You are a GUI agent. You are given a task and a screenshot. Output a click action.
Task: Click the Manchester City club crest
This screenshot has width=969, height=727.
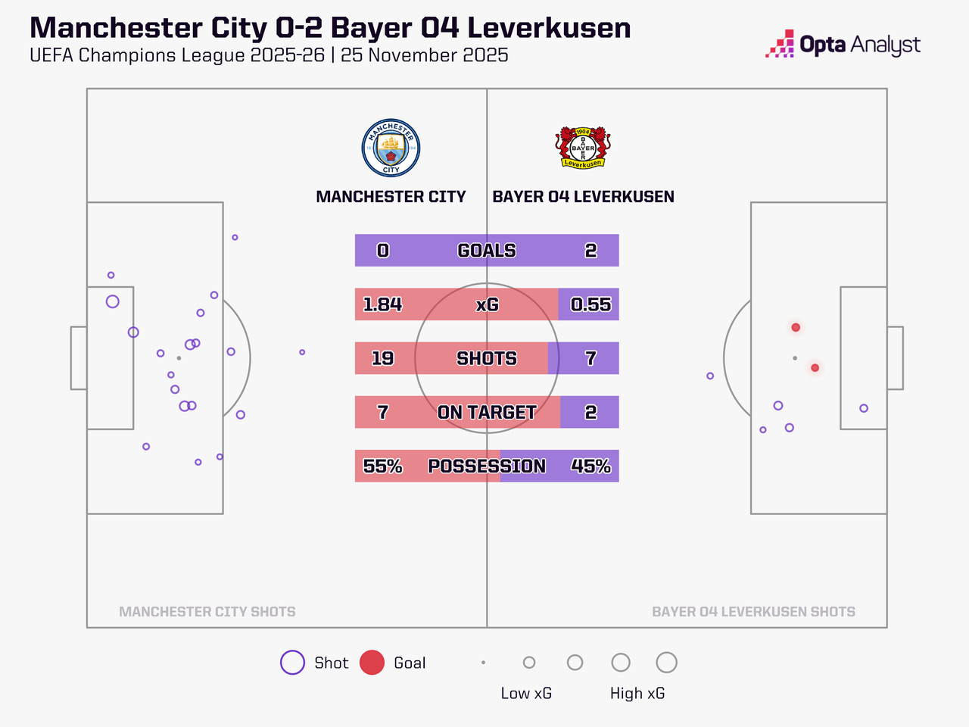point(391,148)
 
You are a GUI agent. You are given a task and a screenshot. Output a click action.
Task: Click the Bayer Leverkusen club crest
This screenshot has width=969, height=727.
point(582,147)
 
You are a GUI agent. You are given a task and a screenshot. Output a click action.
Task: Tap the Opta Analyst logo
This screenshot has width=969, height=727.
point(843,45)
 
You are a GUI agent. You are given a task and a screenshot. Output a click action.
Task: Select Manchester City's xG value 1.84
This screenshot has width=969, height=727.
point(382,304)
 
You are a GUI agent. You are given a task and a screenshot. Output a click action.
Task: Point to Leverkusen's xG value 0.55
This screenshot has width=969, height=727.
point(590,304)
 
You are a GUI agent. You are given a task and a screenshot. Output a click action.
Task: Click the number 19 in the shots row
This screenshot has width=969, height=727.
point(382,358)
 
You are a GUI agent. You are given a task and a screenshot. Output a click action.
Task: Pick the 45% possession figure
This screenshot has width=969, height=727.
point(590,466)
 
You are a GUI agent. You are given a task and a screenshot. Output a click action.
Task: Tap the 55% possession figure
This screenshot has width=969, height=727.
point(382,466)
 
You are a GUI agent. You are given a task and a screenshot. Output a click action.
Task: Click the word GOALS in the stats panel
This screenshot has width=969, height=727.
point(487,251)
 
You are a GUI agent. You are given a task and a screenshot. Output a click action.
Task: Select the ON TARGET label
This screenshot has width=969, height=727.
point(487,413)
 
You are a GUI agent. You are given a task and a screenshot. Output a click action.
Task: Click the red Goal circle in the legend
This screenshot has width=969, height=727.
point(372,663)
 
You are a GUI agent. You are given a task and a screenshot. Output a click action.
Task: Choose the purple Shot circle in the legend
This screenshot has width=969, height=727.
point(292,663)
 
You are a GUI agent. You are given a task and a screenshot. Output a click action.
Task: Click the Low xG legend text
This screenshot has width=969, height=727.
point(526,694)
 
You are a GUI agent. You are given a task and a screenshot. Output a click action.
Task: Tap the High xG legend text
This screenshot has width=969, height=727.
point(637,694)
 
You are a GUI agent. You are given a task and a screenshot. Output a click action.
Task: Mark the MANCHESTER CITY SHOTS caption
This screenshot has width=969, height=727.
point(207,612)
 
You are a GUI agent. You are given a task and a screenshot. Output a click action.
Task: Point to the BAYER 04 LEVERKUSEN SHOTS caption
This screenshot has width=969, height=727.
point(753,612)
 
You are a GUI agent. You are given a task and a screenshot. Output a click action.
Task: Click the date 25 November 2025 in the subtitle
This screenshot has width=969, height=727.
point(424,55)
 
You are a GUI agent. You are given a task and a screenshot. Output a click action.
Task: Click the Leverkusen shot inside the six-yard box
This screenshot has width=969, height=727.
point(864,408)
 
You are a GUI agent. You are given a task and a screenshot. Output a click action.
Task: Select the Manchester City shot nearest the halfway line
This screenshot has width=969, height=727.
point(302,352)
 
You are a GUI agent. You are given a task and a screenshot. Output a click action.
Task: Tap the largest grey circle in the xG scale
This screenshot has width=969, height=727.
point(666,663)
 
